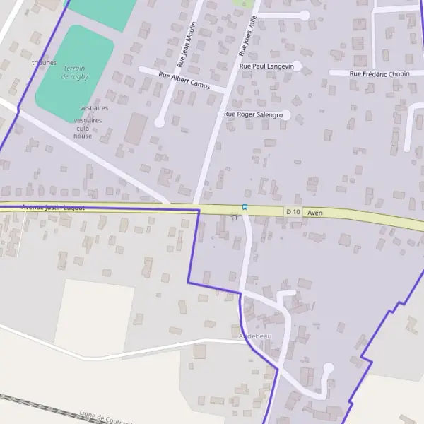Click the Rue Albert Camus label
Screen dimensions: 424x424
point(184,79)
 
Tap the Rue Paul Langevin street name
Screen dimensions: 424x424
point(266,66)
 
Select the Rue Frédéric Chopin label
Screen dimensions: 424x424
point(379,73)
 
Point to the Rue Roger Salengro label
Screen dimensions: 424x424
point(253,114)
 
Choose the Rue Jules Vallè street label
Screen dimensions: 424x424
point(249,35)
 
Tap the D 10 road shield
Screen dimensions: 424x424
point(293,212)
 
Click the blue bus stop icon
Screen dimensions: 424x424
point(245,207)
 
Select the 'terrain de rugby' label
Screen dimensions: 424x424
point(75,72)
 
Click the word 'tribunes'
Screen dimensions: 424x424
point(44,62)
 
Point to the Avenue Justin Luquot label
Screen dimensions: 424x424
point(54,208)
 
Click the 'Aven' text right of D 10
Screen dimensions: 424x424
point(315,212)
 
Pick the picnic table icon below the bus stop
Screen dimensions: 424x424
point(235,218)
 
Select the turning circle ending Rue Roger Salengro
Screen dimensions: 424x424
point(285,114)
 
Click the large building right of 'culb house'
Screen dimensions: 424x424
point(136,129)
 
